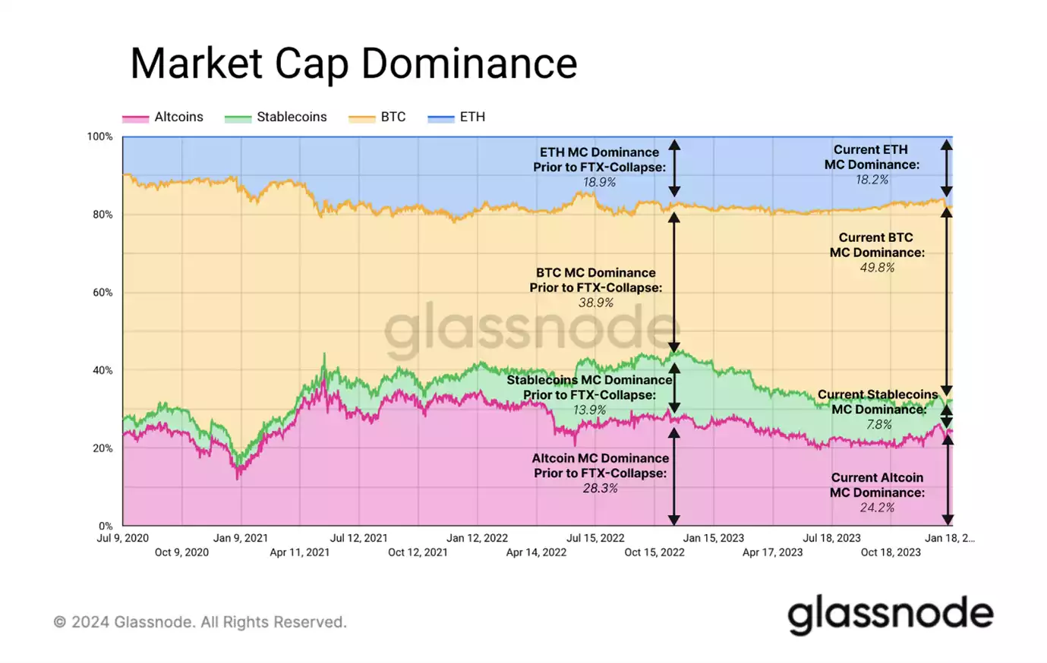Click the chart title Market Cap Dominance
point(353,63)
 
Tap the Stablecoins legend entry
point(276,117)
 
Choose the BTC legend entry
point(378,117)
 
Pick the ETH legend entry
point(457,117)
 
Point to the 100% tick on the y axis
point(99,137)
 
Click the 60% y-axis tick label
point(102,292)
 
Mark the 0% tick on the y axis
point(105,526)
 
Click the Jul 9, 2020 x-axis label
point(123,538)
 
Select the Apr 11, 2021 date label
point(300,552)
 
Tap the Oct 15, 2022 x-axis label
point(654,552)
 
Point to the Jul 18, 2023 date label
point(831,538)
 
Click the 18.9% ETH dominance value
point(599,182)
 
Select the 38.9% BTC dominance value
point(596,303)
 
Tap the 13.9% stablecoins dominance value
point(590,410)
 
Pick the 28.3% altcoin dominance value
point(600,488)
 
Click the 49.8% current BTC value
point(877,267)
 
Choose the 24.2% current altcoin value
point(877,507)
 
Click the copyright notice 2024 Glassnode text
point(200,622)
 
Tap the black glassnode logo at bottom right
point(890,614)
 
